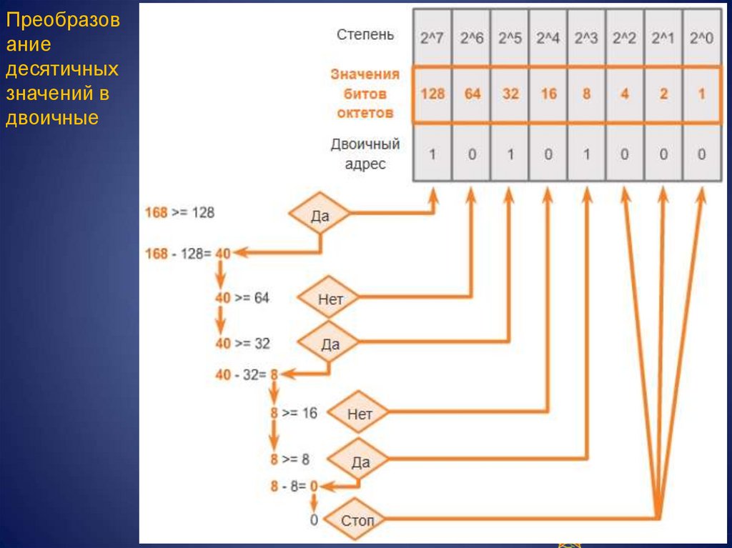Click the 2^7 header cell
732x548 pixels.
coord(432,38)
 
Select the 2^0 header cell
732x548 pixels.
coord(701,38)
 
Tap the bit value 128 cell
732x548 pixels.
coord(432,94)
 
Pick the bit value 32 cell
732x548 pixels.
coord(510,94)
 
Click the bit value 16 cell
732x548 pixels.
coord(548,94)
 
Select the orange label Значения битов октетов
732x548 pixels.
coord(365,94)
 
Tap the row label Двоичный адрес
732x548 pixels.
coord(365,154)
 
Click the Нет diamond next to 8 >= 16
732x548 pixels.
coord(360,414)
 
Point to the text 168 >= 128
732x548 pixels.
coord(179,212)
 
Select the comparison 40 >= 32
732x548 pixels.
coord(243,344)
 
